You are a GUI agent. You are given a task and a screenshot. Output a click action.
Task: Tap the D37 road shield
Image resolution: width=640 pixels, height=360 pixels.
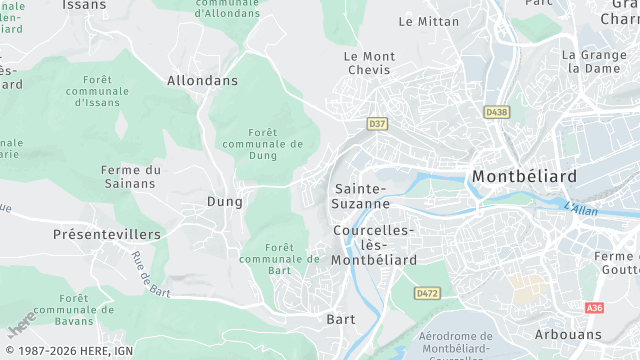[377, 124]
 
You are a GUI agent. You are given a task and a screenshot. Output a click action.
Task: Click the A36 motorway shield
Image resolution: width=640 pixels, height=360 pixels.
[595, 308]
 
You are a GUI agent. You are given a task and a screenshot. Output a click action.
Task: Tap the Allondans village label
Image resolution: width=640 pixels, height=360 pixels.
[202, 80]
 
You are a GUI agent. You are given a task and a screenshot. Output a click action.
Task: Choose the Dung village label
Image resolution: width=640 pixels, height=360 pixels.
[224, 201]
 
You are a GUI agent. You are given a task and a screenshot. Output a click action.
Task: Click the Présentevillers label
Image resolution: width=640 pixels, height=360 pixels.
[107, 234]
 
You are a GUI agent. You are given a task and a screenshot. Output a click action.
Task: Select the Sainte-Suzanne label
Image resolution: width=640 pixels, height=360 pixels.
[362, 195]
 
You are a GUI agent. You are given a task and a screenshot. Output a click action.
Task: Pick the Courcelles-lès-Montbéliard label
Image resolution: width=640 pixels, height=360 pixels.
[375, 244]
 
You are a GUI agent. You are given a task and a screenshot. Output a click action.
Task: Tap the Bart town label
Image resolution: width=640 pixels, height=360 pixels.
[341, 319]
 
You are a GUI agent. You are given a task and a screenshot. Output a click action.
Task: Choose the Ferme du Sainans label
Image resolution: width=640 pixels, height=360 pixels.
[131, 176]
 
